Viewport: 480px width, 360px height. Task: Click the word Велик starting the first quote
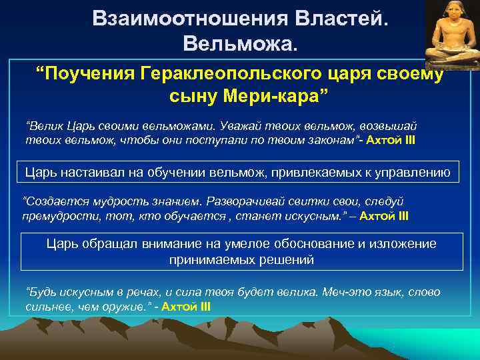point(41,127)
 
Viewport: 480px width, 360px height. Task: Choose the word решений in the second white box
point(276,259)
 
